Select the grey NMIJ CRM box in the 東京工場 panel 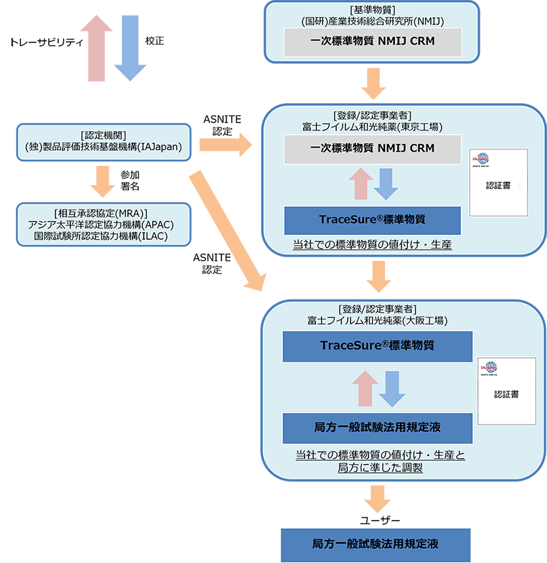tap(372, 148)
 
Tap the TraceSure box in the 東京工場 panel tap(372, 220)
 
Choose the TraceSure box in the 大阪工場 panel tap(377, 346)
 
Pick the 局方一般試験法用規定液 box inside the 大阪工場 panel tap(377, 428)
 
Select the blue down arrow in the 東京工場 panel tap(386, 183)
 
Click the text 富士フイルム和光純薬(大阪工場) tap(378, 320)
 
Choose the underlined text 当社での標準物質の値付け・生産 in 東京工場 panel tap(372, 246)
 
